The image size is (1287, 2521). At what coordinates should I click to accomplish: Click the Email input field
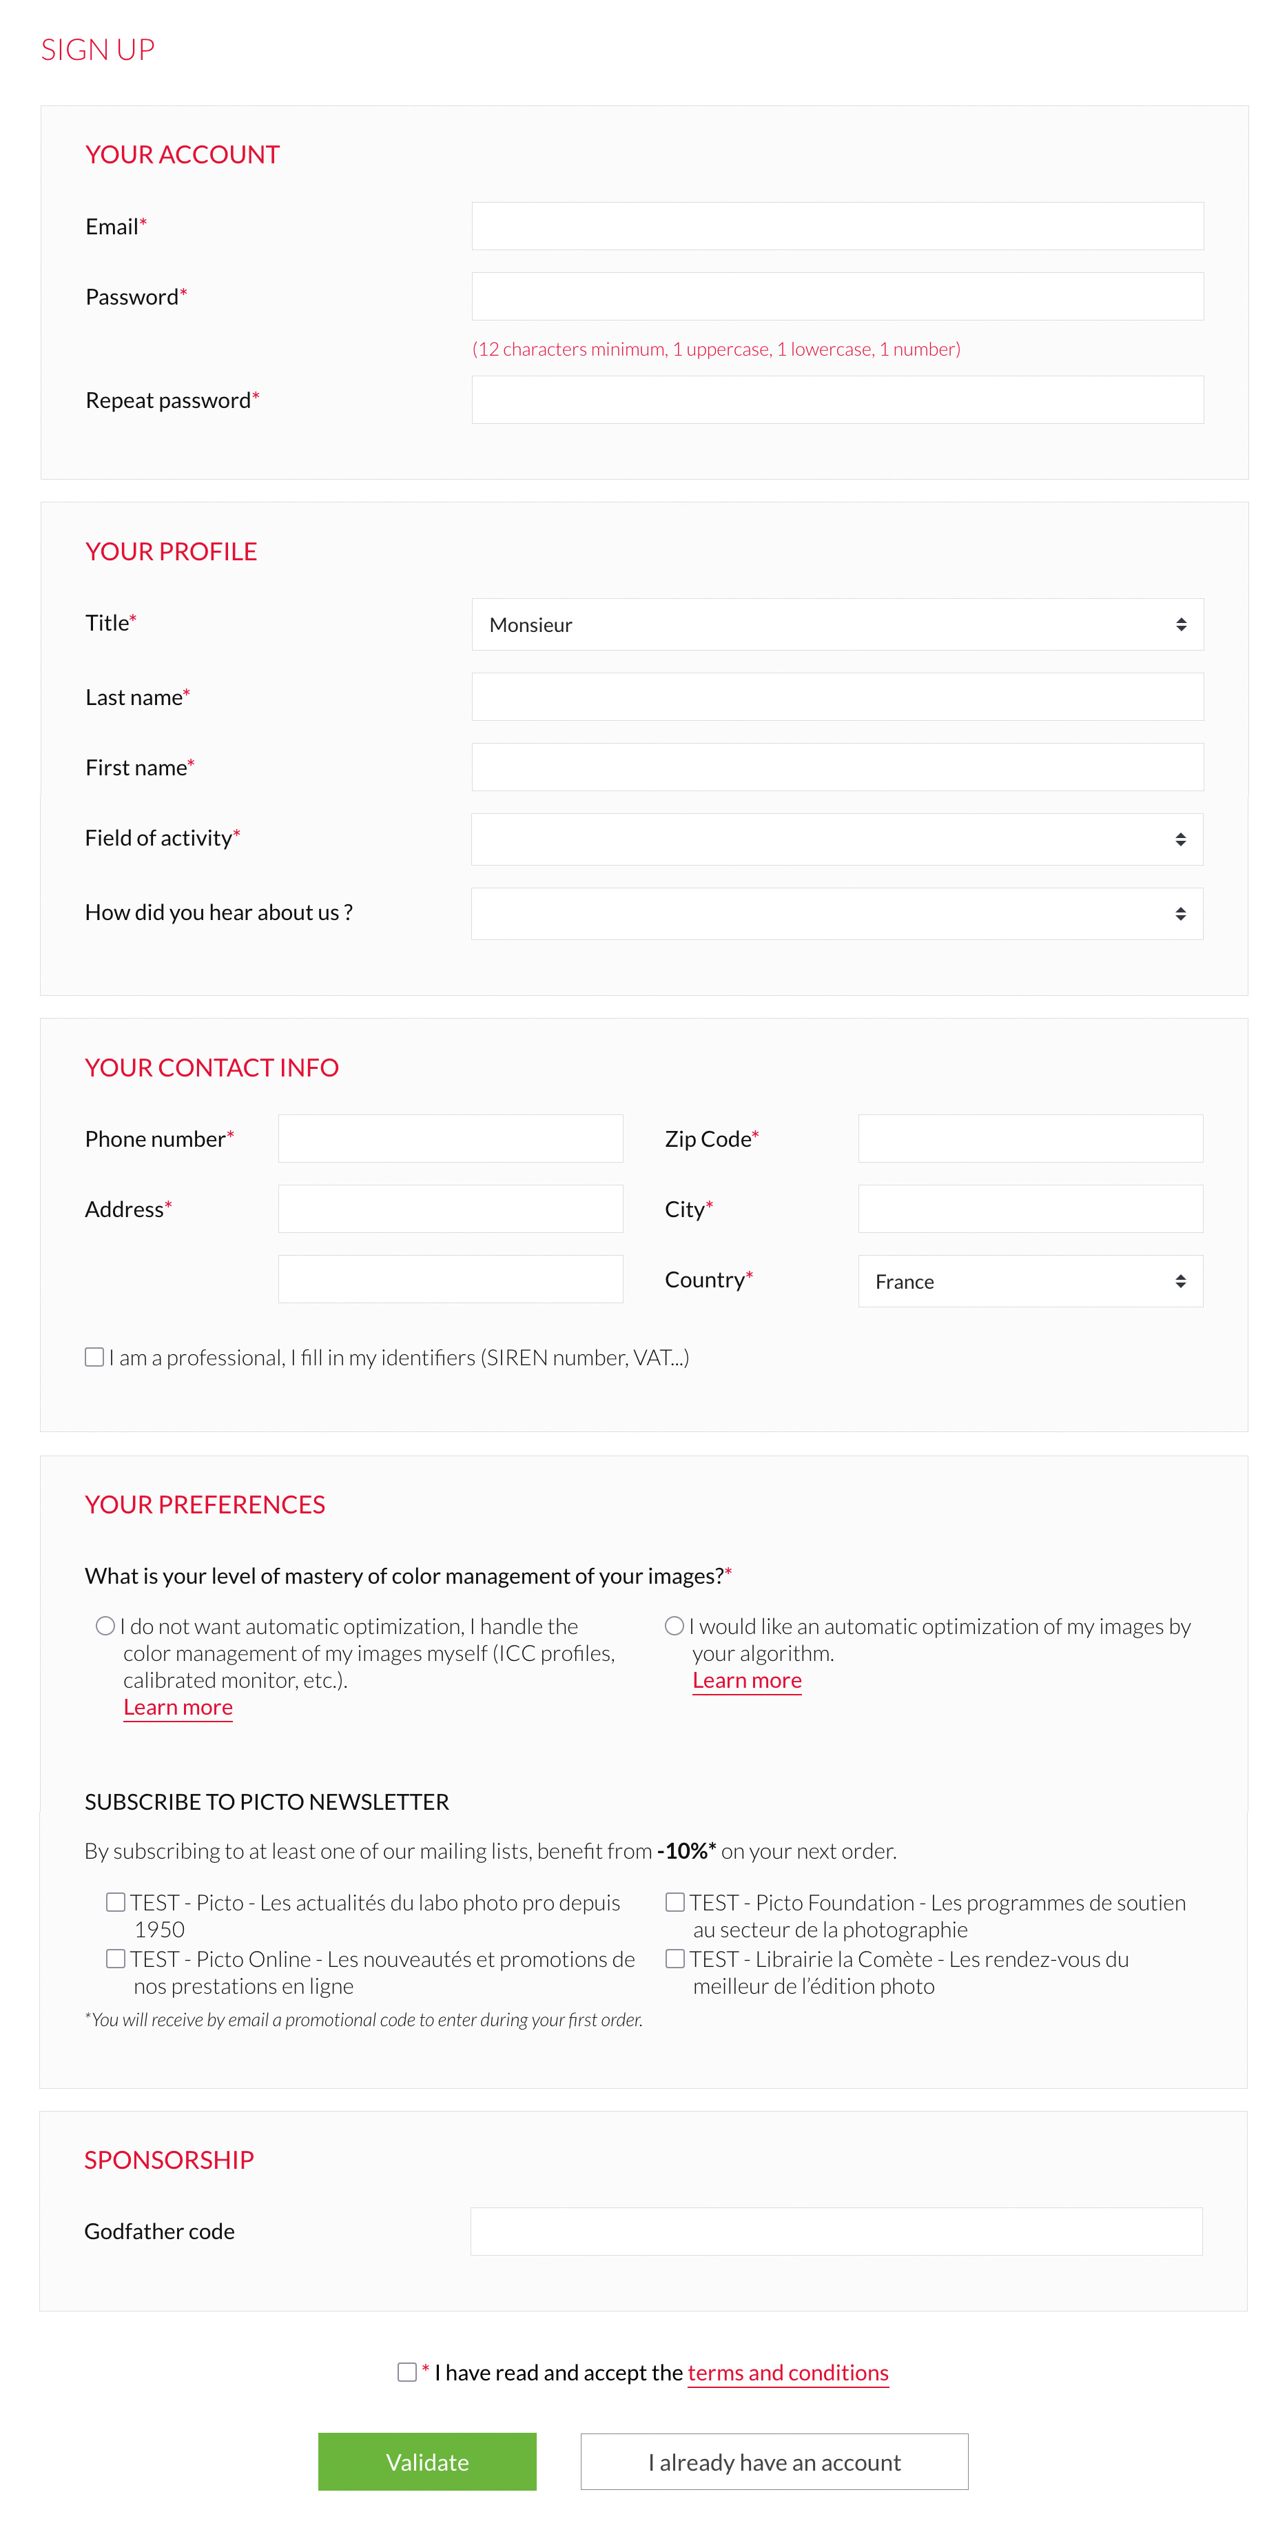(x=837, y=226)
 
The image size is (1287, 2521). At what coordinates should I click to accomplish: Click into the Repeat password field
(x=837, y=400)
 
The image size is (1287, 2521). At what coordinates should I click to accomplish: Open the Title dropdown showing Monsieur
(x=837, y=624)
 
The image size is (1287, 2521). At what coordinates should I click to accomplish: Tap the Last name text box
(x=837, y=697)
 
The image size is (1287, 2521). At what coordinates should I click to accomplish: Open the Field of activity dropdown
(x=837, y=839)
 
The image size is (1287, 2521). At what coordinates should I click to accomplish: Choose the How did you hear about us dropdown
(x=837, y=914)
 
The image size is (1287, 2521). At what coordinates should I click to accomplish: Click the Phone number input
(x=450, y=1138)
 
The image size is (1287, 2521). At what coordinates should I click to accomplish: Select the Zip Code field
(x=1029, y=1138)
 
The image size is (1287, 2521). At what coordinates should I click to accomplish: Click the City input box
(x=1029, y=1209)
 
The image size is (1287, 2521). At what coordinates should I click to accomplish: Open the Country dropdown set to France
(x=1029, y=1281)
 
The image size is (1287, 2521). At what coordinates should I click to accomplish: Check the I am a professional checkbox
(x=94, y=1356)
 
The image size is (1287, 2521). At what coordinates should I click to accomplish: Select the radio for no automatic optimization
(x=105, y=1626)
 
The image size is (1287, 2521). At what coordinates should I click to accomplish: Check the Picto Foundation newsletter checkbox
(x=675, y=1901)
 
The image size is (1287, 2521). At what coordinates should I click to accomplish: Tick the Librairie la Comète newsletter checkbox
(x=675, y=1958)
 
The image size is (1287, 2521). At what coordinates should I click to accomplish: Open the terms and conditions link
(x=788, y=2372)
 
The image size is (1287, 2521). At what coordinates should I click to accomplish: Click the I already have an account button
(x=774, y=2461)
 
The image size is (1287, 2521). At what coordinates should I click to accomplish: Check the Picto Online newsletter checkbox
(x=116, y=1958)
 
